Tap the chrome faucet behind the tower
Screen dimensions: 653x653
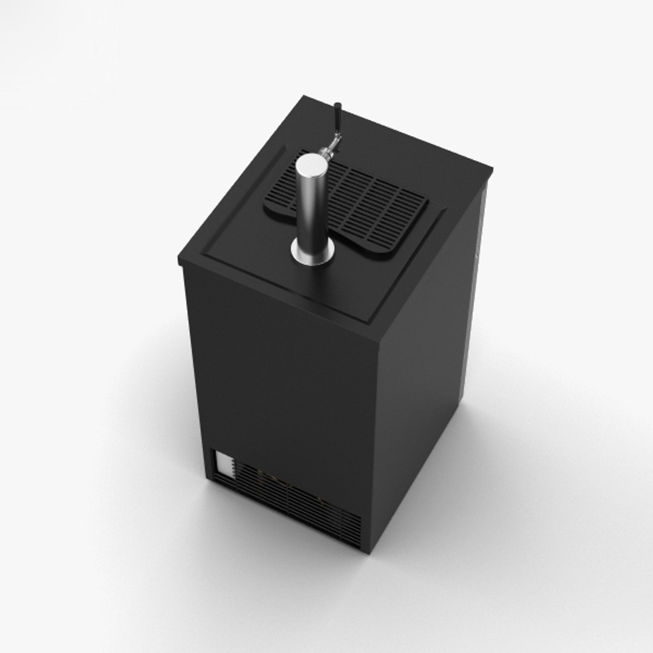click(x=330, y=148)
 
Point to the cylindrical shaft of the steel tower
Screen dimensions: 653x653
click(x=310, y=206)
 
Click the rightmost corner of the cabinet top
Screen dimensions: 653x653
click(x=491, y=171)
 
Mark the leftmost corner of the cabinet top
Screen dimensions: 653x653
click(x=180, y=261)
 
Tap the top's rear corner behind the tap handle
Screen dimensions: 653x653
click(x=304, y=97)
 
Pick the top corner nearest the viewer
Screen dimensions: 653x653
click(x=379, y=342)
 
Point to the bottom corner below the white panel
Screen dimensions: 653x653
click(x=212, y=478)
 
